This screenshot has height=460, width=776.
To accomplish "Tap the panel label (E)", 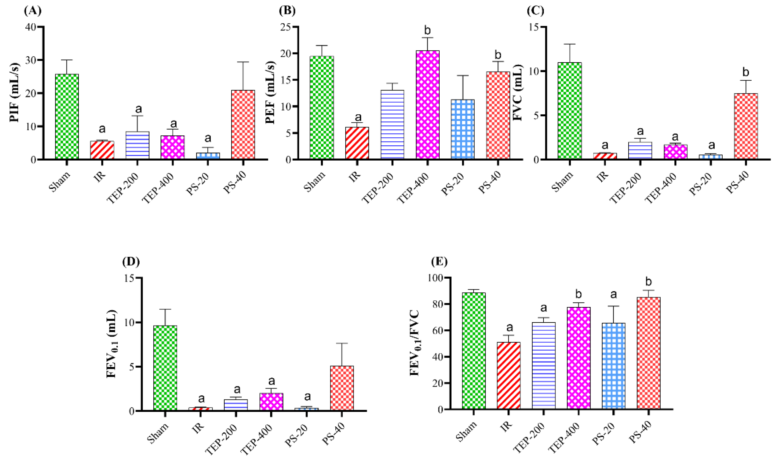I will click(439, 262).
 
